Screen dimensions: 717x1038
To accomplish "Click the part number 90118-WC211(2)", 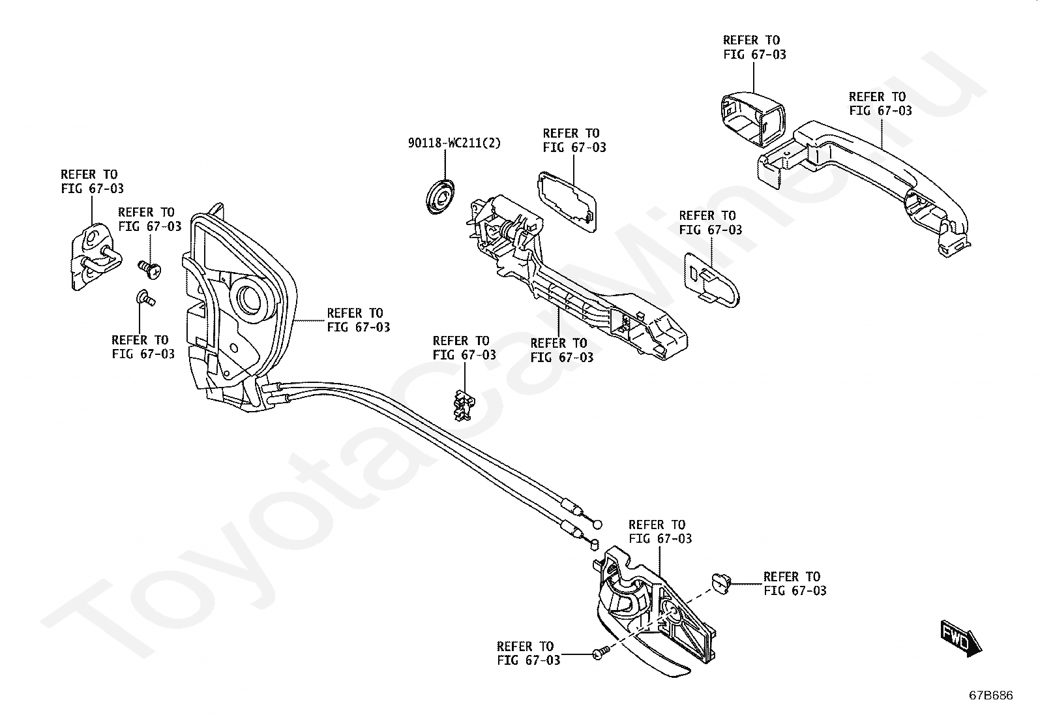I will coord(454,142).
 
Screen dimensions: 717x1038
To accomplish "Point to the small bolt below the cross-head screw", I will coord(145,299).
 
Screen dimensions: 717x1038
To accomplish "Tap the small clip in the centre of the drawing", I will coord(462,405).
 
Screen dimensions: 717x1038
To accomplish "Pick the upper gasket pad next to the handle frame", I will coord(567,200).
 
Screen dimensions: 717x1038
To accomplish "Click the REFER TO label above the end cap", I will coord(754,47).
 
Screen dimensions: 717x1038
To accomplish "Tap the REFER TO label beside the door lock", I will coord(358,320).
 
